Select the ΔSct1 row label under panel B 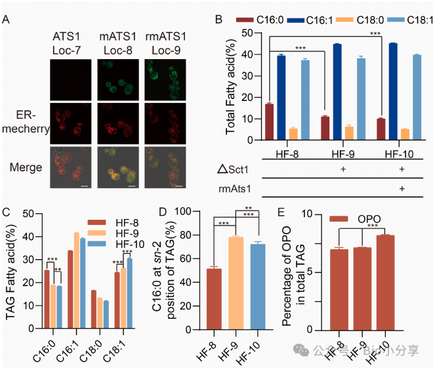(236, 171)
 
